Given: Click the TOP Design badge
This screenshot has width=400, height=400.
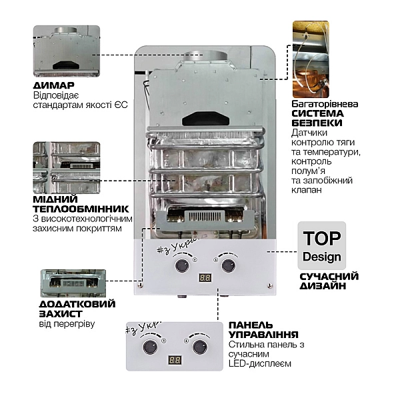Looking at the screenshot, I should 321,245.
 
